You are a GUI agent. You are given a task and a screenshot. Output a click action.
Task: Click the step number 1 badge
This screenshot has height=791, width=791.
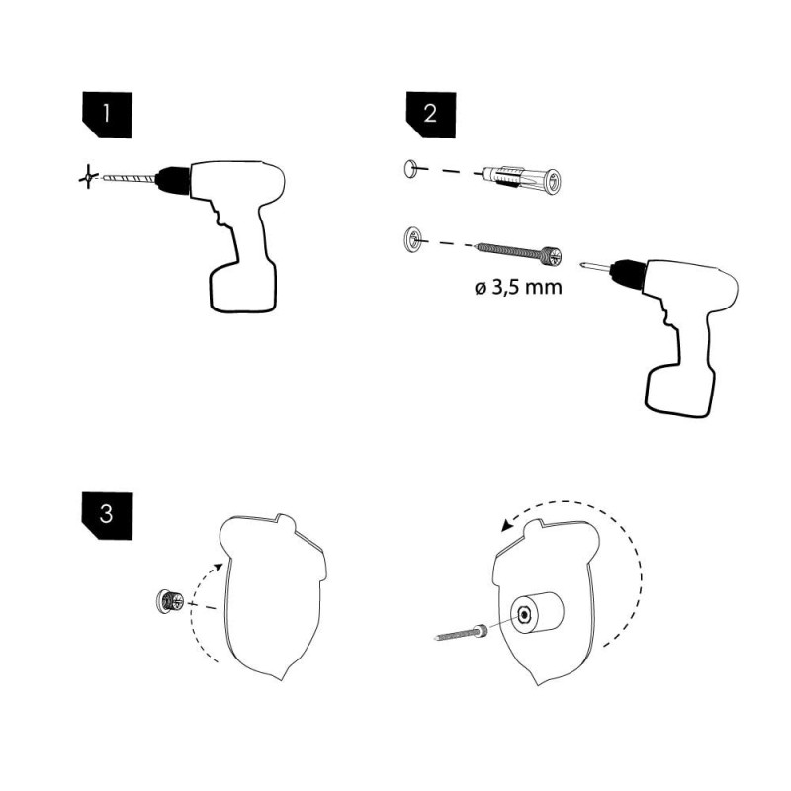[107, 115]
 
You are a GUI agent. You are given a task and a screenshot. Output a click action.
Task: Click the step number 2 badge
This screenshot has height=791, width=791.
[431, 115]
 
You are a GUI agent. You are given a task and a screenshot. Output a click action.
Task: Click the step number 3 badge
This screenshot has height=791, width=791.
[107, 515]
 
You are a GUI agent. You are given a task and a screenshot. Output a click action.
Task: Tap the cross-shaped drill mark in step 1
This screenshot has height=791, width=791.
[88, 177]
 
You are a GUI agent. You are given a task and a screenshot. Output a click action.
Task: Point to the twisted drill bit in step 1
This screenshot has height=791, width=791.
[129, 178]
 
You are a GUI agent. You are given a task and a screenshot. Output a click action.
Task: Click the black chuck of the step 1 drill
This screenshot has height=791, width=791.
[172, 179]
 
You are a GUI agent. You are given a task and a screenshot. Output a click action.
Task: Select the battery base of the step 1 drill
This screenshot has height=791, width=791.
[243, 287]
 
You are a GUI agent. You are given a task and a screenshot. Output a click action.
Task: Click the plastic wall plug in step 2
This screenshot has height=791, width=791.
[521, 179]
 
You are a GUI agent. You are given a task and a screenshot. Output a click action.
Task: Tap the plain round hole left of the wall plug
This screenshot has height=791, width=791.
[410, 168]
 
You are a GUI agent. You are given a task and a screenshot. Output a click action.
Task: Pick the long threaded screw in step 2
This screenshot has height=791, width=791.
[518, 253]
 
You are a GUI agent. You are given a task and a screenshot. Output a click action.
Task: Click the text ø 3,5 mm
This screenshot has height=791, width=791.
[518, 288]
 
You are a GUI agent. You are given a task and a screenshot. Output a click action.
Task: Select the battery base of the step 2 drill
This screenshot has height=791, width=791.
[680, 392]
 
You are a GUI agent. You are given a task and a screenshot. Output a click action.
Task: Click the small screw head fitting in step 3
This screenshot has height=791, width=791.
[169, 601]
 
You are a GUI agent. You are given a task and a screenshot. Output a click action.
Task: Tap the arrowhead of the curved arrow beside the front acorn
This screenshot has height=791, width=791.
[218, 567]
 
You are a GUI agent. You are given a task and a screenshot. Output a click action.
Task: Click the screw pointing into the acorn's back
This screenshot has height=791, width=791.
[462, 633]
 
